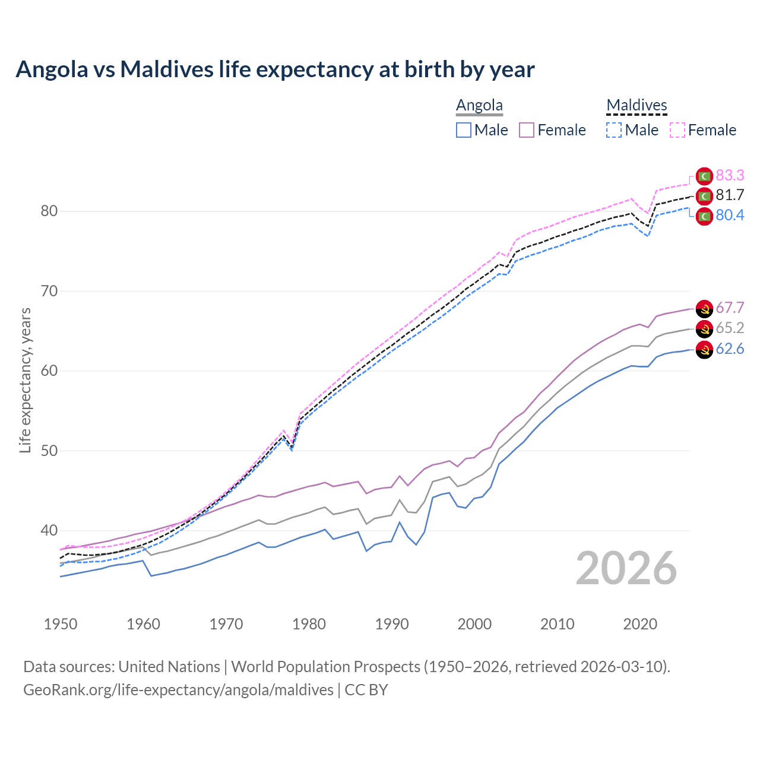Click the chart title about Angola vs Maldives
[x=275, y=69]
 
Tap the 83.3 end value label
[x=730, y=175]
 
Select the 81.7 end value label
[x=730, y=195]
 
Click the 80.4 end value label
[x=730, y=215]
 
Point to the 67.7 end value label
[x=730, y=308]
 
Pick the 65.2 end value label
[x=730, y=328]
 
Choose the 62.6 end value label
[x=730, y=349]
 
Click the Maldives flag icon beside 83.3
[x=704, y=176]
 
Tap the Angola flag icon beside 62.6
[x=704, y=350]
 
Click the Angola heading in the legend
[x=479, y=105]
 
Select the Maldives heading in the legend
[x=636, y=105]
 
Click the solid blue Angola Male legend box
[x=464, y=130]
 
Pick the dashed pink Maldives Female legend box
[x=677, y=130]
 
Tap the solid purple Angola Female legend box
[x=527, y=130]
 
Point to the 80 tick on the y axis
[x=49, y=211]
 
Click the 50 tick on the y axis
[x=49, y=451]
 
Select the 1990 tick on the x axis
[x=392, y=624]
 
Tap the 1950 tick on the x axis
[x=61, y=624]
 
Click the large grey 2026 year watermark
[x=626, y=568]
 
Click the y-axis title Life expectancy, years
[x=26, y=380]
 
